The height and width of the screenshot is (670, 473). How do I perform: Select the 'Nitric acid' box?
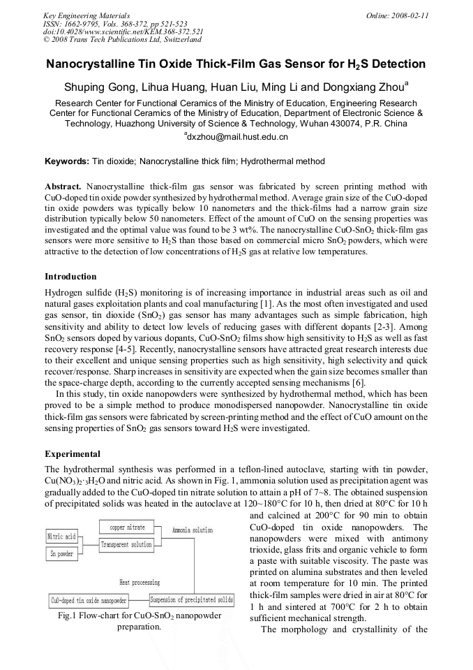tap(61, 537)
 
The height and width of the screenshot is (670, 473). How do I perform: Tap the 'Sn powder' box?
tap(61, 554)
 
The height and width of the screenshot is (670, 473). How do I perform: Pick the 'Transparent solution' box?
tap(126, 544)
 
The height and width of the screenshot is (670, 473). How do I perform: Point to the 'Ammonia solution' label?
tap(193, 530)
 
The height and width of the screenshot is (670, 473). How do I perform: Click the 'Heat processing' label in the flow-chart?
tap(139, 582)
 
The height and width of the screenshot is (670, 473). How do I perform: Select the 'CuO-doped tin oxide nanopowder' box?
tap(89, 600)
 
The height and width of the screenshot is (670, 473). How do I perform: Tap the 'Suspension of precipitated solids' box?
tap(192, 599)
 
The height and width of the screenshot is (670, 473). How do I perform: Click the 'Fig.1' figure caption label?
tap(68, 616)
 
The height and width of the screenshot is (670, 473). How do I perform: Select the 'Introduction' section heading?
tap(70, 277)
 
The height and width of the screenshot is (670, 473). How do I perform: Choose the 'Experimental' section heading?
tap(72, 453)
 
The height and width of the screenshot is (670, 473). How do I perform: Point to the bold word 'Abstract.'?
tap(63, 187)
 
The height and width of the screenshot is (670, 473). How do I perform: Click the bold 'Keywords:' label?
tap(67, 161)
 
